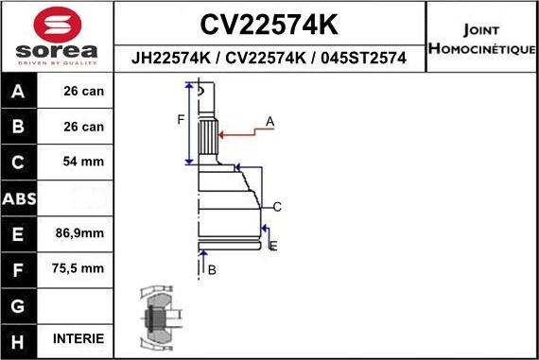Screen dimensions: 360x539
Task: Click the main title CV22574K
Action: pos(270,24)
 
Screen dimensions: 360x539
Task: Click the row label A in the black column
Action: pos(20,93)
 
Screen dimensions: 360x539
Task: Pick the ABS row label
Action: pos(20,199)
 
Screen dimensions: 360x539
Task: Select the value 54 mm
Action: pos(82,162)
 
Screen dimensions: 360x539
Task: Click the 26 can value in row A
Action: pos(82,93)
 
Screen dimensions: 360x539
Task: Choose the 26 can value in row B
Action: pos(82,127)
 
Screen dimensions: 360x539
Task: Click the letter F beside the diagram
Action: pos(181,119)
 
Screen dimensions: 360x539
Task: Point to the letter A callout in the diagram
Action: pos(269,121)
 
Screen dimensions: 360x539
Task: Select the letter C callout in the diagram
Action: pos(277,206)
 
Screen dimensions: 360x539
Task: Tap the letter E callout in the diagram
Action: pos(273,246)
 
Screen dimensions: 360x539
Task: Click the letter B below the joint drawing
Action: pos(212,270)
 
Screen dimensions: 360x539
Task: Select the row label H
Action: pos(20,338)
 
